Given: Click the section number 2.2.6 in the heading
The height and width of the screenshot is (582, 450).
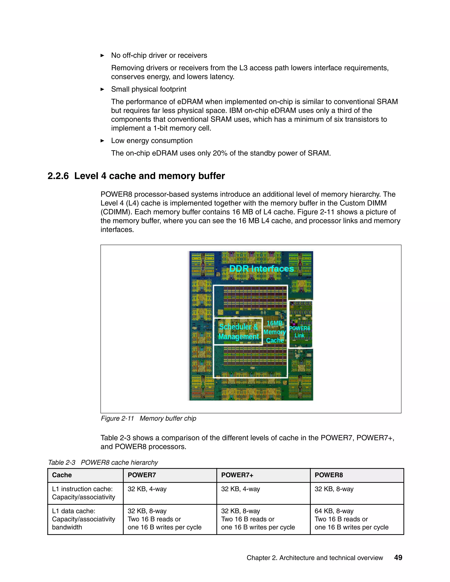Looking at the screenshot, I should click(x=58, y=176).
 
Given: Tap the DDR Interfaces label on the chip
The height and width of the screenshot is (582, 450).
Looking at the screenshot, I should click(x=261, y=269).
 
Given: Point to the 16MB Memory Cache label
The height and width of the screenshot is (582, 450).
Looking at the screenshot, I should click(x=275, y=332).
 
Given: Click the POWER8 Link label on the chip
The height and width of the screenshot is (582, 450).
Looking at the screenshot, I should click(x=300, y=332).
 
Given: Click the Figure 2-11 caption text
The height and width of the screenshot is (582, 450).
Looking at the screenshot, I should click(x=148, y=418).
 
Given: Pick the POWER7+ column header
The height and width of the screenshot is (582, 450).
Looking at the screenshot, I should click(x=237, y=475).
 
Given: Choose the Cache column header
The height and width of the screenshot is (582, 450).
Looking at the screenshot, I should click(x=62, y=475).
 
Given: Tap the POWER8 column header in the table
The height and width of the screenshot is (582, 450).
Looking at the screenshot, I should click(x=328, y=475).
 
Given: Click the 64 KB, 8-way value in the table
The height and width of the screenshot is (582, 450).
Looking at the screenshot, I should click(x=334, y=511).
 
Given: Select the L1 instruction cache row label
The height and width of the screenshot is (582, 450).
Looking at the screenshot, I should click(x=83, y=493).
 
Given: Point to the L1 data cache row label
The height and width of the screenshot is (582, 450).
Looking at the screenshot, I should click(x=83, y=519).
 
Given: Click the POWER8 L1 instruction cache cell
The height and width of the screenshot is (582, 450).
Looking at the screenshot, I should click(x=334, y=489).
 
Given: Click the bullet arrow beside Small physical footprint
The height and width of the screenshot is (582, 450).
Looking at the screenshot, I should click(x=102, y=89).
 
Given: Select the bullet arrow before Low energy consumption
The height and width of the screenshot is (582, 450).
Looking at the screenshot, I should click(x=102, y=141).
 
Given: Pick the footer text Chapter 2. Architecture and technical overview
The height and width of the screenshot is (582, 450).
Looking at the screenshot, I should click(x=315, y=558).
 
